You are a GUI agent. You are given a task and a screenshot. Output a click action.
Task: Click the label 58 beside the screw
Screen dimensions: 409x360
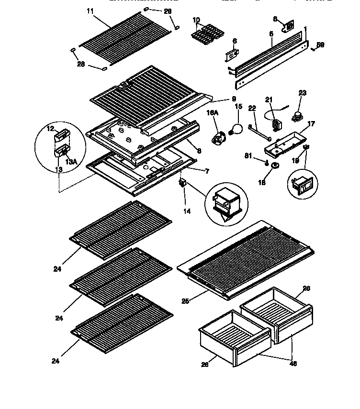pyautogui.click(x=320, y=45)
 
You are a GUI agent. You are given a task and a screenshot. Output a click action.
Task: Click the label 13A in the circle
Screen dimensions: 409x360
pyautogui.click(x=70, y=163)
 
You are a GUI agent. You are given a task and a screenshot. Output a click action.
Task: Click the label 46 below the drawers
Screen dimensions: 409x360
pyautogui.click(x=293, y=364)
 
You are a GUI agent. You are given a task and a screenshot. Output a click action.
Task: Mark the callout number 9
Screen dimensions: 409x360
pyautogui.click(x=234, y=99)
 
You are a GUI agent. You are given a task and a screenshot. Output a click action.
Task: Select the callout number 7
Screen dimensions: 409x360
pyautogui.click(x=206, y=171)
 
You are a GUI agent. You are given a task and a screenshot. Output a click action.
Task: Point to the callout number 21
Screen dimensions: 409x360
pyautogui.click(x=269, y=99)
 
